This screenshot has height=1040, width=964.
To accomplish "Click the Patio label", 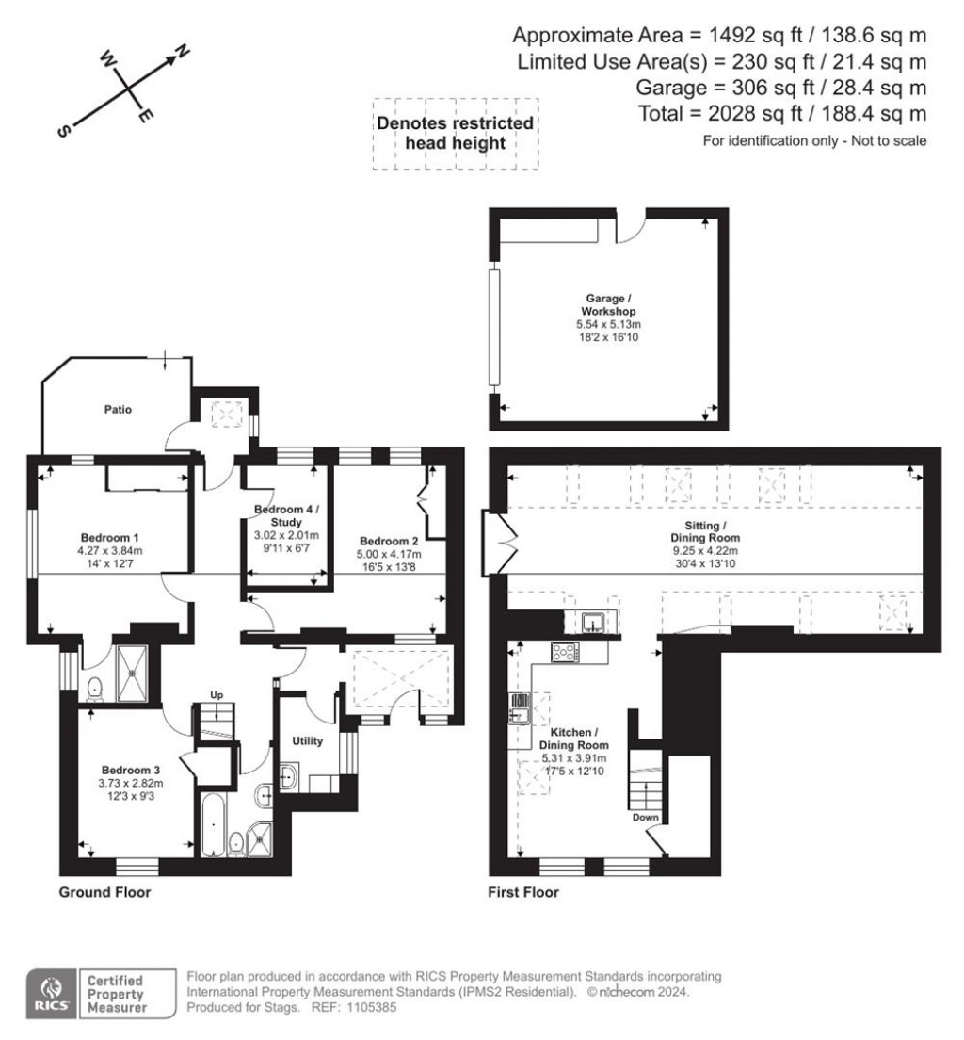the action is (118, 409).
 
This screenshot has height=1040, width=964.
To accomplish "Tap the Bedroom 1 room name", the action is (109, 537).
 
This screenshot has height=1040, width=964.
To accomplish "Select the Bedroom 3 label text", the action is (131, 770).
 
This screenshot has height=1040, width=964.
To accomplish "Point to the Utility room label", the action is (308, 740).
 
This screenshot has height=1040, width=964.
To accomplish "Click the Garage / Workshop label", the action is (609, 304).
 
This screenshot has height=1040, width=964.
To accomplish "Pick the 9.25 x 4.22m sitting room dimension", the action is (705, 550).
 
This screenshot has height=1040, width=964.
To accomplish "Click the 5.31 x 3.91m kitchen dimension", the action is (574, 758).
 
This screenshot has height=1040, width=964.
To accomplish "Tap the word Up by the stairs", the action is (217, 695).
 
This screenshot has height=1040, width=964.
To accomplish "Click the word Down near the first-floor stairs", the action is (645, 817).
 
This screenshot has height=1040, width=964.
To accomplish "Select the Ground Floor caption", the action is (104, 892).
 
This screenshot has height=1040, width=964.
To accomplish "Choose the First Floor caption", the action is (523, 892).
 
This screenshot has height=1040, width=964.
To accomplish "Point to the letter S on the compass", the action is (64, 131).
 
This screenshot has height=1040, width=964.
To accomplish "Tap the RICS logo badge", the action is (51, 994).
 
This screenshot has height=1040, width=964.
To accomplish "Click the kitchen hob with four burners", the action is (565, 652).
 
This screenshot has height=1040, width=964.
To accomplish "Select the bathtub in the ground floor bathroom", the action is (214, 823).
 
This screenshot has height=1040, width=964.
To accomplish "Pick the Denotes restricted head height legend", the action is (456, 134).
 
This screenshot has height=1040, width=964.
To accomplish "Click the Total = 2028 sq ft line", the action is (782, 113).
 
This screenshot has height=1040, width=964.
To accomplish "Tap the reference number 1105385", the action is (372, 1007).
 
